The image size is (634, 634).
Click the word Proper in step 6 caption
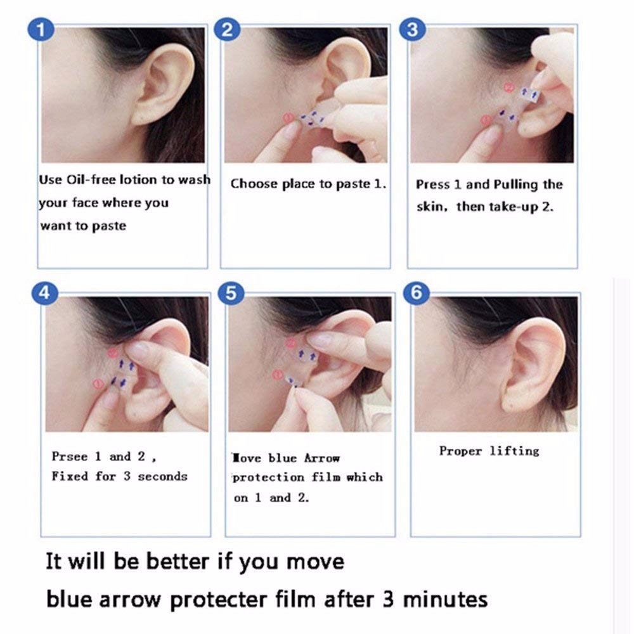(460, 451)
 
